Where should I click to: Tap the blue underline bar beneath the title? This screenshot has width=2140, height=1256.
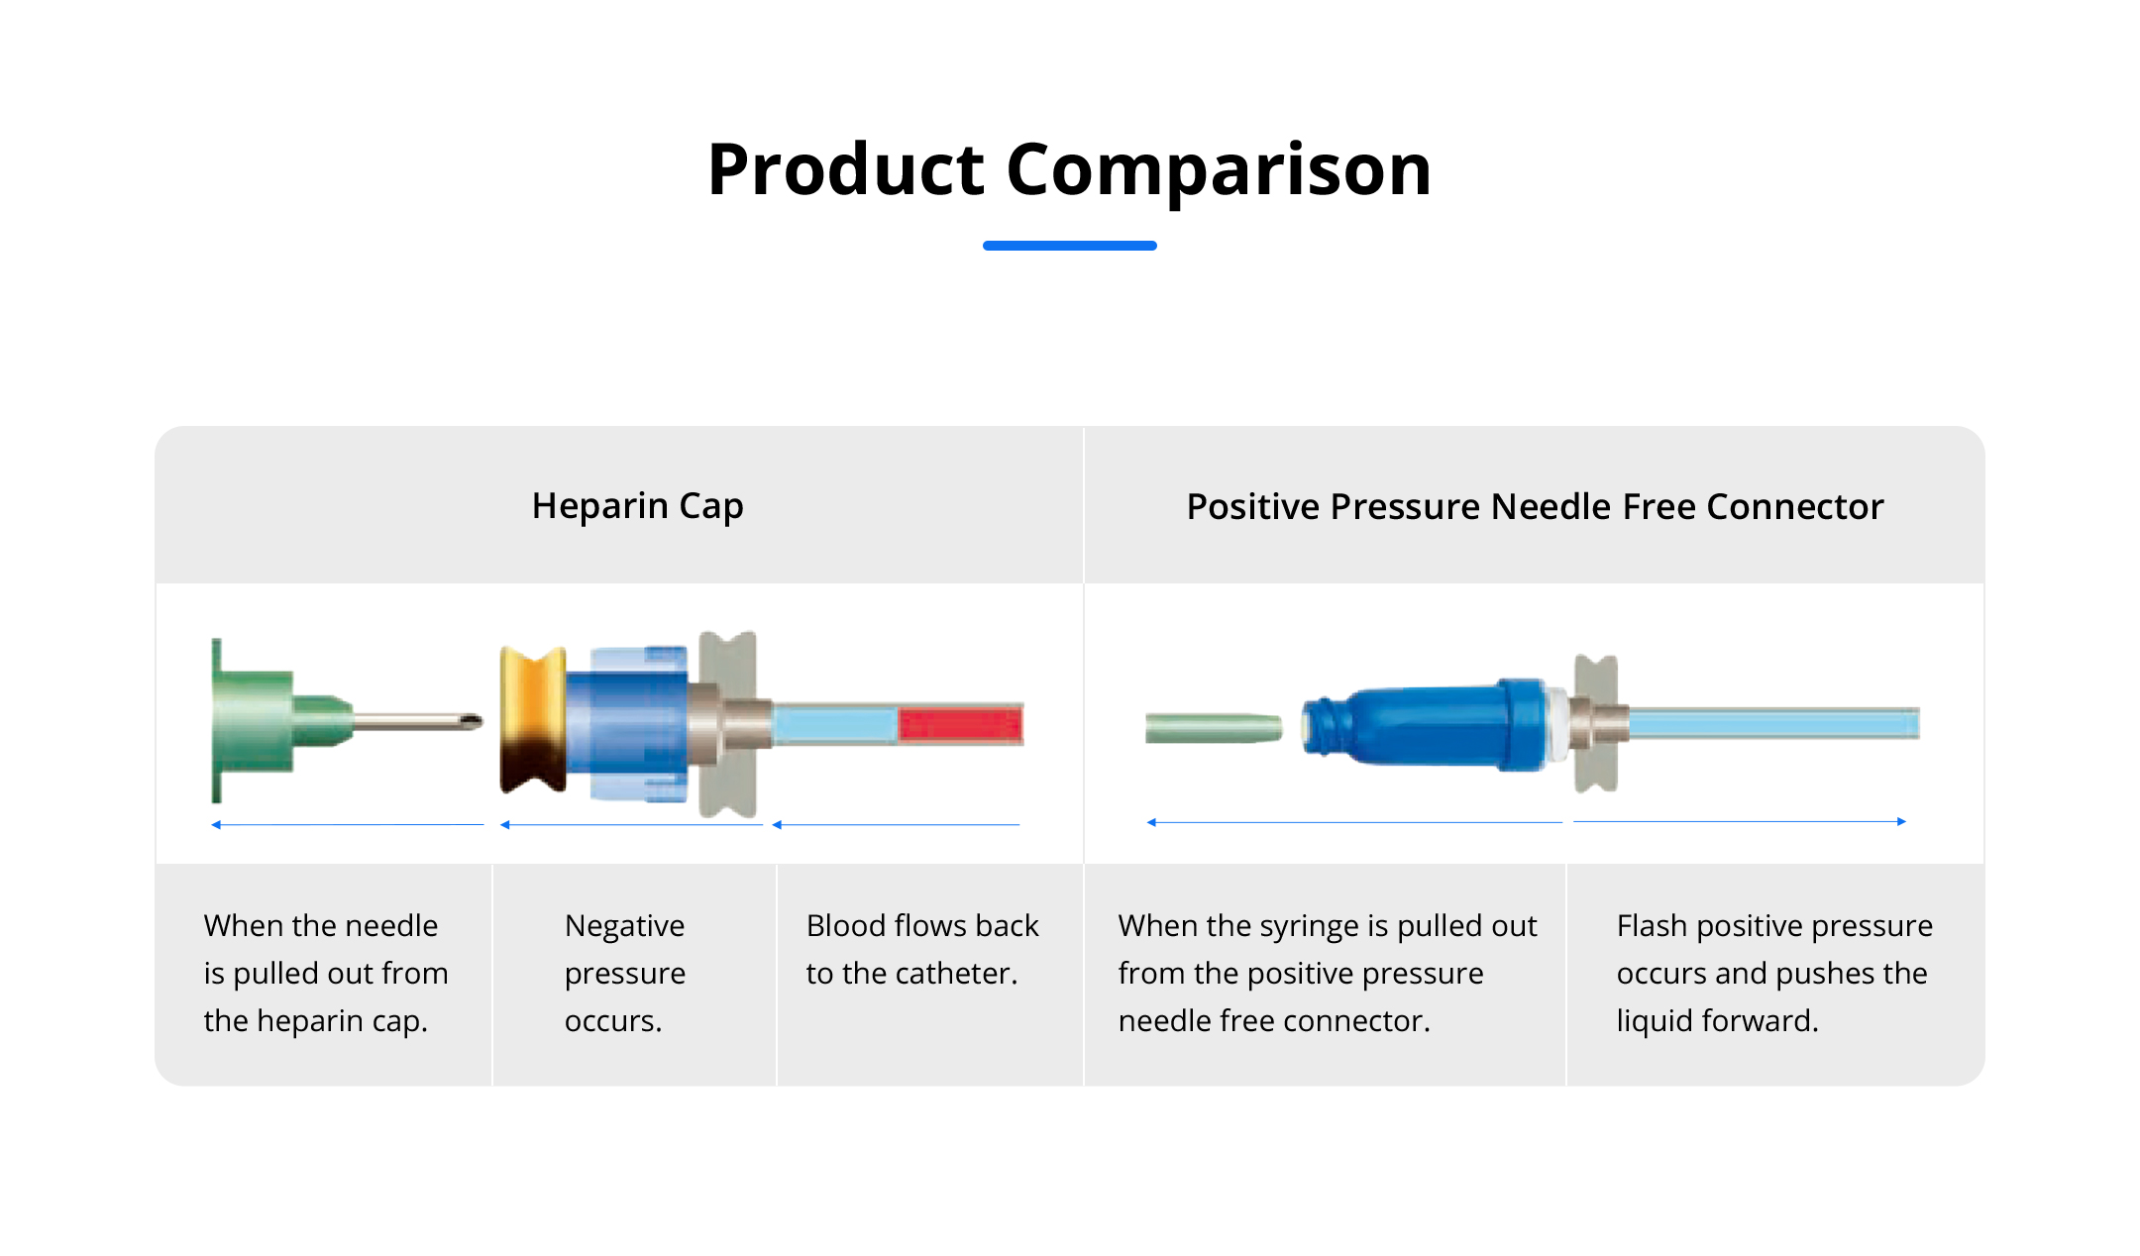pyautogui.click(x=1070, y=246)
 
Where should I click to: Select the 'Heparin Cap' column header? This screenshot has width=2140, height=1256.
pyautogui.click(x=638, y=506)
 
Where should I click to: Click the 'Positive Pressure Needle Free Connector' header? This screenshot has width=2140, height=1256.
pyautogui.click(x=1535, y=506)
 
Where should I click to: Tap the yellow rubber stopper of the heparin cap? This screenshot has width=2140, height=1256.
pyautogui.click(x=533, y=720)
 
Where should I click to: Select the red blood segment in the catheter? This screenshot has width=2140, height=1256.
pyautogui.click(x=960, y=724)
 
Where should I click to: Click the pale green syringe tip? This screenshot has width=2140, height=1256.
pyautogui.click(x=1214, y=728)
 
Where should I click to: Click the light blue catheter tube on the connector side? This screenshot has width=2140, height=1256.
pyautogui.click(x=1773, y=723)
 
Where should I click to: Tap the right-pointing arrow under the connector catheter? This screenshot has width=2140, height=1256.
pyautogui.click(x=1740, y=821)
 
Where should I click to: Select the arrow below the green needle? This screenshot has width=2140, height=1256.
pyautogui.click(x=348, y=824)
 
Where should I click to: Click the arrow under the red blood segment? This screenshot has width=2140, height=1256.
pyautogui.click(x=896, y=824)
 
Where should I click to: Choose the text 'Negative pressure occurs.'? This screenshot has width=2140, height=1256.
pyautogui.click(x=625, y=973)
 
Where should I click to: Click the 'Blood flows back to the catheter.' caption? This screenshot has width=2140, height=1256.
pyautogui.click(x=922, y=949)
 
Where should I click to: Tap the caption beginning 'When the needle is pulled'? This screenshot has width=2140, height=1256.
pyautogui.click(x=326, y=973)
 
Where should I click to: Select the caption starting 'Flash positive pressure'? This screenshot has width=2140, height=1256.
pyautogui.click(x=1774, y=973)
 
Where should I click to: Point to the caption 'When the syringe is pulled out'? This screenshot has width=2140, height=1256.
pyautogui.click(x=1328, y=973)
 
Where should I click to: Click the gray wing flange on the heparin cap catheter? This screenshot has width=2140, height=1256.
pyautogui.click(x=728, y=724)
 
